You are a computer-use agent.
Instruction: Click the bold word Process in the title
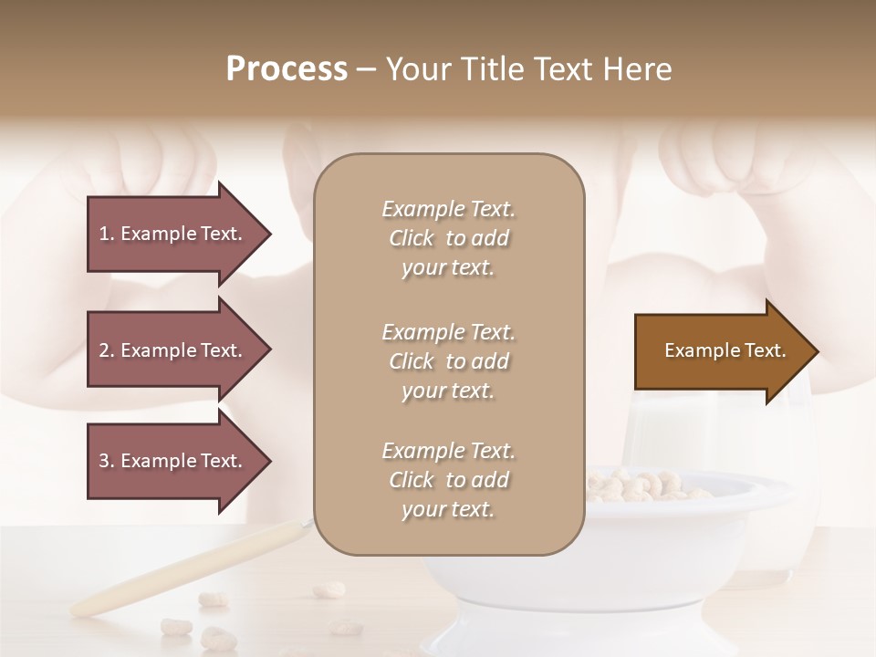[x=287, y=69]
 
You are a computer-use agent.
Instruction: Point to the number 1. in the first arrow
[x=107, y=234]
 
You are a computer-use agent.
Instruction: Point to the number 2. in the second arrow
[x=107, y=350]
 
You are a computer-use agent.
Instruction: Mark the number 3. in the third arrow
[x=107, y=461]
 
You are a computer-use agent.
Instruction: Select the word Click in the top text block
[x=412, y=239]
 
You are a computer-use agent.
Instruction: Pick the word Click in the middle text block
[x=412, y=362]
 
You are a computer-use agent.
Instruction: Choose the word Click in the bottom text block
[x=412, y=481]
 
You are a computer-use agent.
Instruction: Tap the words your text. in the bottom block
[x=448, y=510]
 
